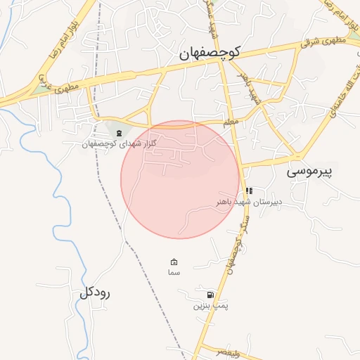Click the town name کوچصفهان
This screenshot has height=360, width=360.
(x=210, y=52)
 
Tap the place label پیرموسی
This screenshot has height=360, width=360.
(x=313, y=170)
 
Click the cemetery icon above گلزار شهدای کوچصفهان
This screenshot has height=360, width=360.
(x=118, y=133)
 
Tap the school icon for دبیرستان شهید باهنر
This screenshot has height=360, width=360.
(x=249, y=191)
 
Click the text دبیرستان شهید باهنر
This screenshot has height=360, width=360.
(x=249, y=201)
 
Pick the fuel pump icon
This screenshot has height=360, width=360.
(x=210, y=295)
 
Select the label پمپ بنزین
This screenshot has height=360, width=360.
(x=212, y=306)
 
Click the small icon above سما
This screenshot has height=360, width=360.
(x=174, y=262)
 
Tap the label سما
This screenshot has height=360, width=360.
(x=174, y=272)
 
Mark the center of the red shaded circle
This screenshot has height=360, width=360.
(x=180, y=179)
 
